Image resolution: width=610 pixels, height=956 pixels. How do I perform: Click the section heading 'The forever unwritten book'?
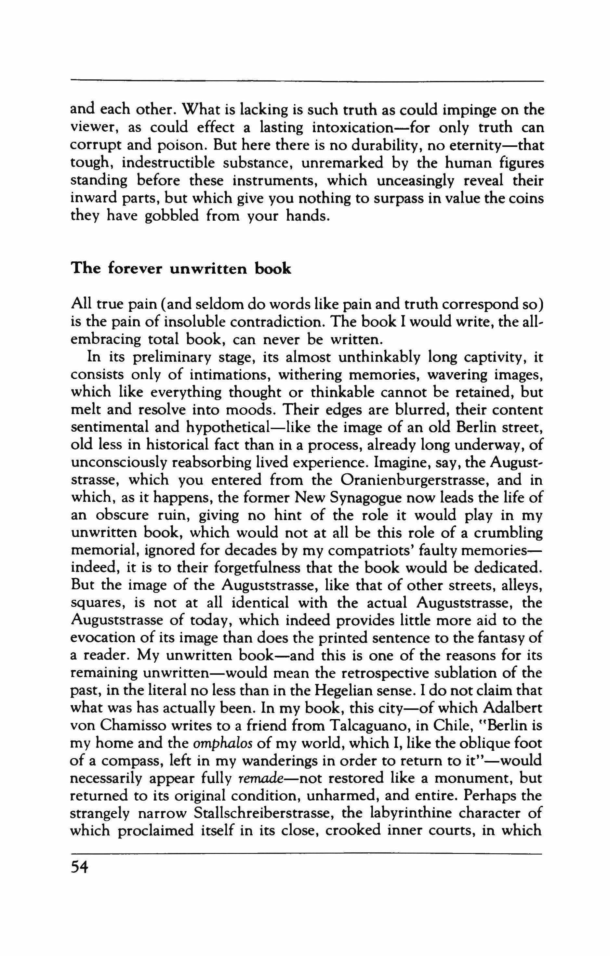point(181,269)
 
